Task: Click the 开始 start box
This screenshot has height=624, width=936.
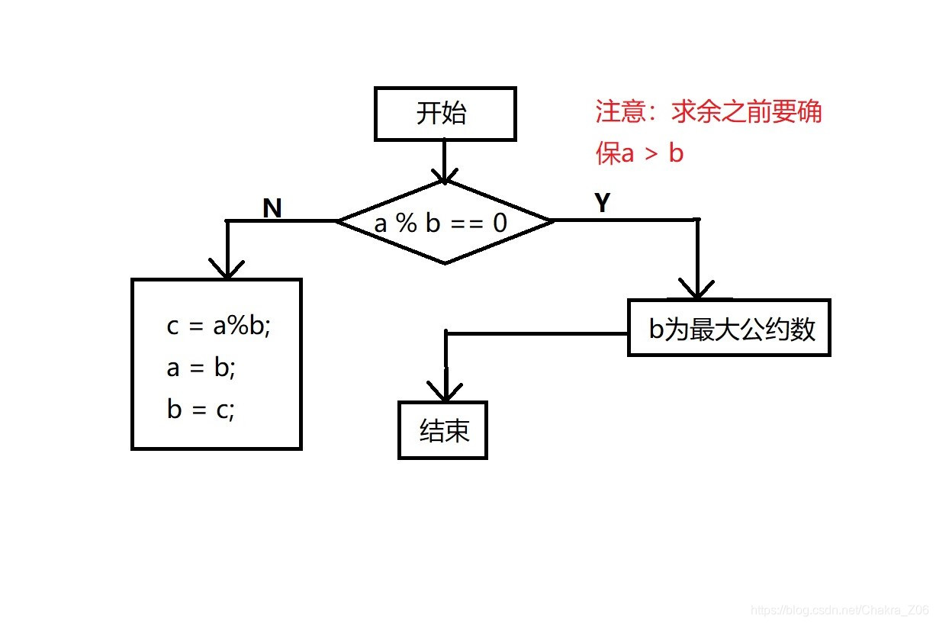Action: coord(445,114)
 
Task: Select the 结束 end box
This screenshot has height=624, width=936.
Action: coord(442,431)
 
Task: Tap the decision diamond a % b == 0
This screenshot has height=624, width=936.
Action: coord(444,223)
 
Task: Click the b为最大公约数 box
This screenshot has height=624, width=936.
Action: coord(729,328)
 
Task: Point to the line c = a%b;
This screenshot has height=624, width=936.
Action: coord(219,326)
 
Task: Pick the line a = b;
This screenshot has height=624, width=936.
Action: coord(201,368)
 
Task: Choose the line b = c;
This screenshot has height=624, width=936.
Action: coord(201,410)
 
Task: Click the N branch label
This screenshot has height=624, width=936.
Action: coord(272,207)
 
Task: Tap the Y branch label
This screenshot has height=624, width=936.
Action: coord(602,203)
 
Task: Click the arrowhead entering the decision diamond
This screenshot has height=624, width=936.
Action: coord(444,175)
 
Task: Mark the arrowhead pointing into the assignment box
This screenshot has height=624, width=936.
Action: coord(227,269)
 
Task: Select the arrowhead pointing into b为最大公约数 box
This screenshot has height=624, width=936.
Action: coord(696,289)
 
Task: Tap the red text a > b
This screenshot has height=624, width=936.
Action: coord(652,154)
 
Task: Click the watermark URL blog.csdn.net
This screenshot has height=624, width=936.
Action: coord(840,610)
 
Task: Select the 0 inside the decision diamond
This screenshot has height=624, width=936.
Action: coord(500,224)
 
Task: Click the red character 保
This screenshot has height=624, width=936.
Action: coord(608,154)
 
